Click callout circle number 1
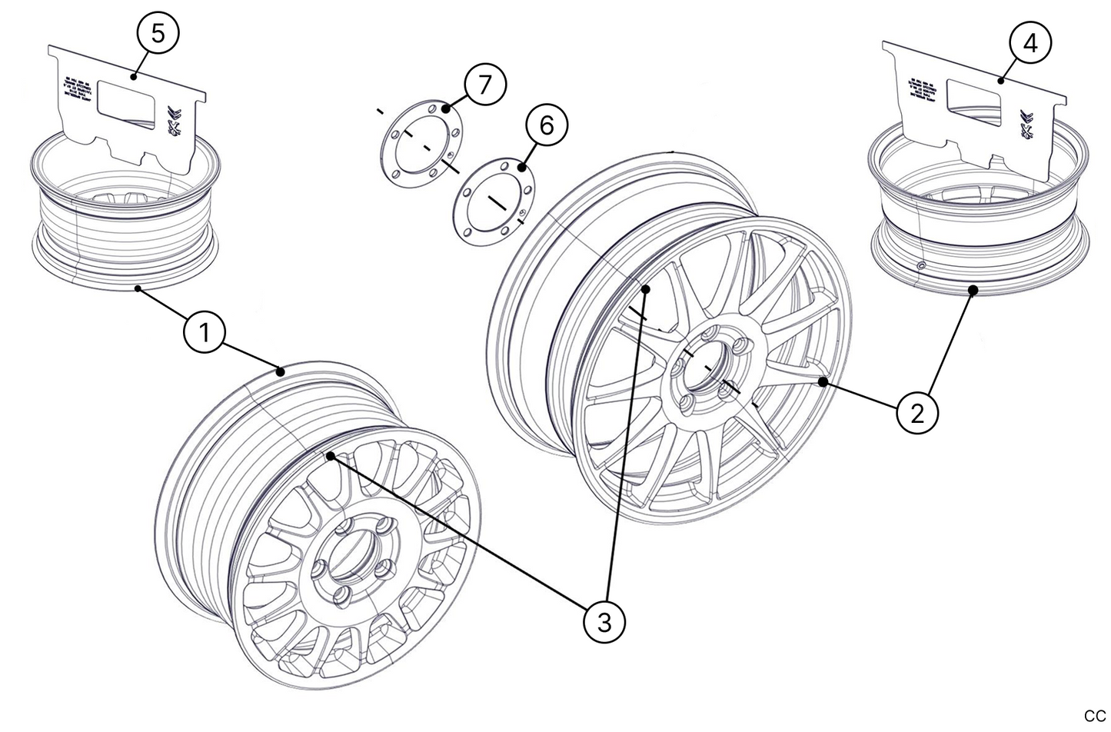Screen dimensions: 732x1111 tap(204, 334)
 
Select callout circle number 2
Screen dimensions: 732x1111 tap(916, 413)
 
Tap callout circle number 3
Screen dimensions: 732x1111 tap(604, 620)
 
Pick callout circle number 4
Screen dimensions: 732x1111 tap(1030, 44)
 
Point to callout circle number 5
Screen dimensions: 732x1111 tap(158, 34)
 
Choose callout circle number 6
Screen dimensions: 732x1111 tap(547, 125)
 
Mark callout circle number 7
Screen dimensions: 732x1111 tap(484, 85)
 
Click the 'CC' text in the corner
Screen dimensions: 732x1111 tap(1093, 716)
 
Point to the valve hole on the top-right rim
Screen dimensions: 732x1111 tap(920, 266)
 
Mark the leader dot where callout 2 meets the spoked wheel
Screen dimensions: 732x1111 tap(823, 381)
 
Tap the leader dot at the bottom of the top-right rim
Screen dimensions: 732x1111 tap(973, 290)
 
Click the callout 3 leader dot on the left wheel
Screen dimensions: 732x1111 tap(331, 456)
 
